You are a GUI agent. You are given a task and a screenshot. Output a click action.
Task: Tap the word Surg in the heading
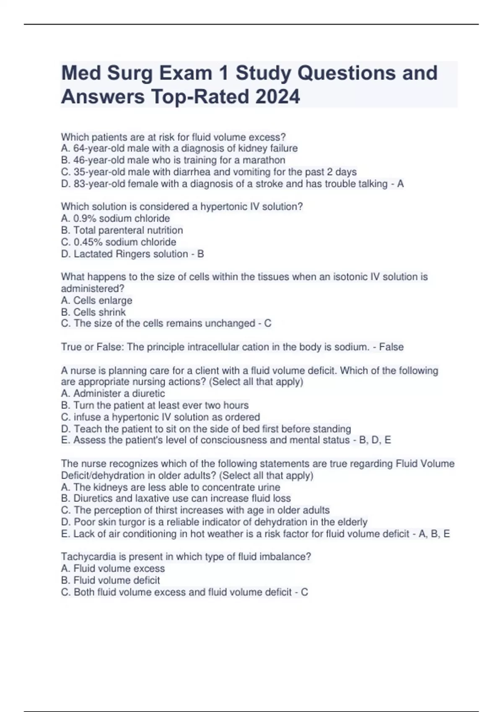(x=130, y=73)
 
